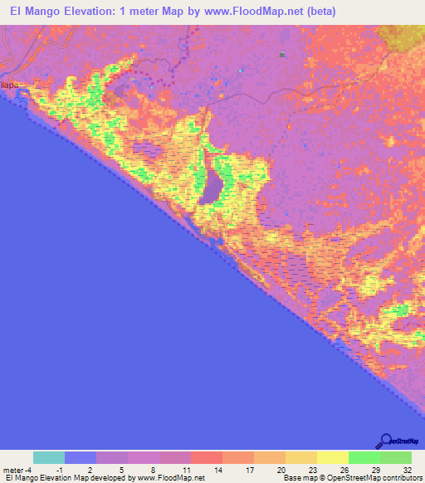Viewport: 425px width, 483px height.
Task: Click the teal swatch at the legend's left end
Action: [x=49, y=457]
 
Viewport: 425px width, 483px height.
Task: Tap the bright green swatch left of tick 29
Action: [x=364, y=457]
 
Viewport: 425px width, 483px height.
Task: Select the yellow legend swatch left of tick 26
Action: [x=332, y=457]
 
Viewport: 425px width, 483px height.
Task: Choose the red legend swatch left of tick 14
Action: [x=207, y=457]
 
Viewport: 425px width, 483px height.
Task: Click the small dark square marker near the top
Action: [x=282, y=55]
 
